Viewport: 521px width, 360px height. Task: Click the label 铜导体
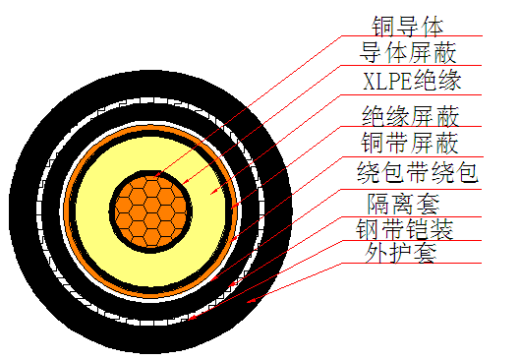click(404, 23)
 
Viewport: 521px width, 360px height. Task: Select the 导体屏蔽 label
click(409, 50)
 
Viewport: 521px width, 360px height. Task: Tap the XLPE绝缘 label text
click(412, 79)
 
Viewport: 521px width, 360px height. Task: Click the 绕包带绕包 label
click(417, 174)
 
